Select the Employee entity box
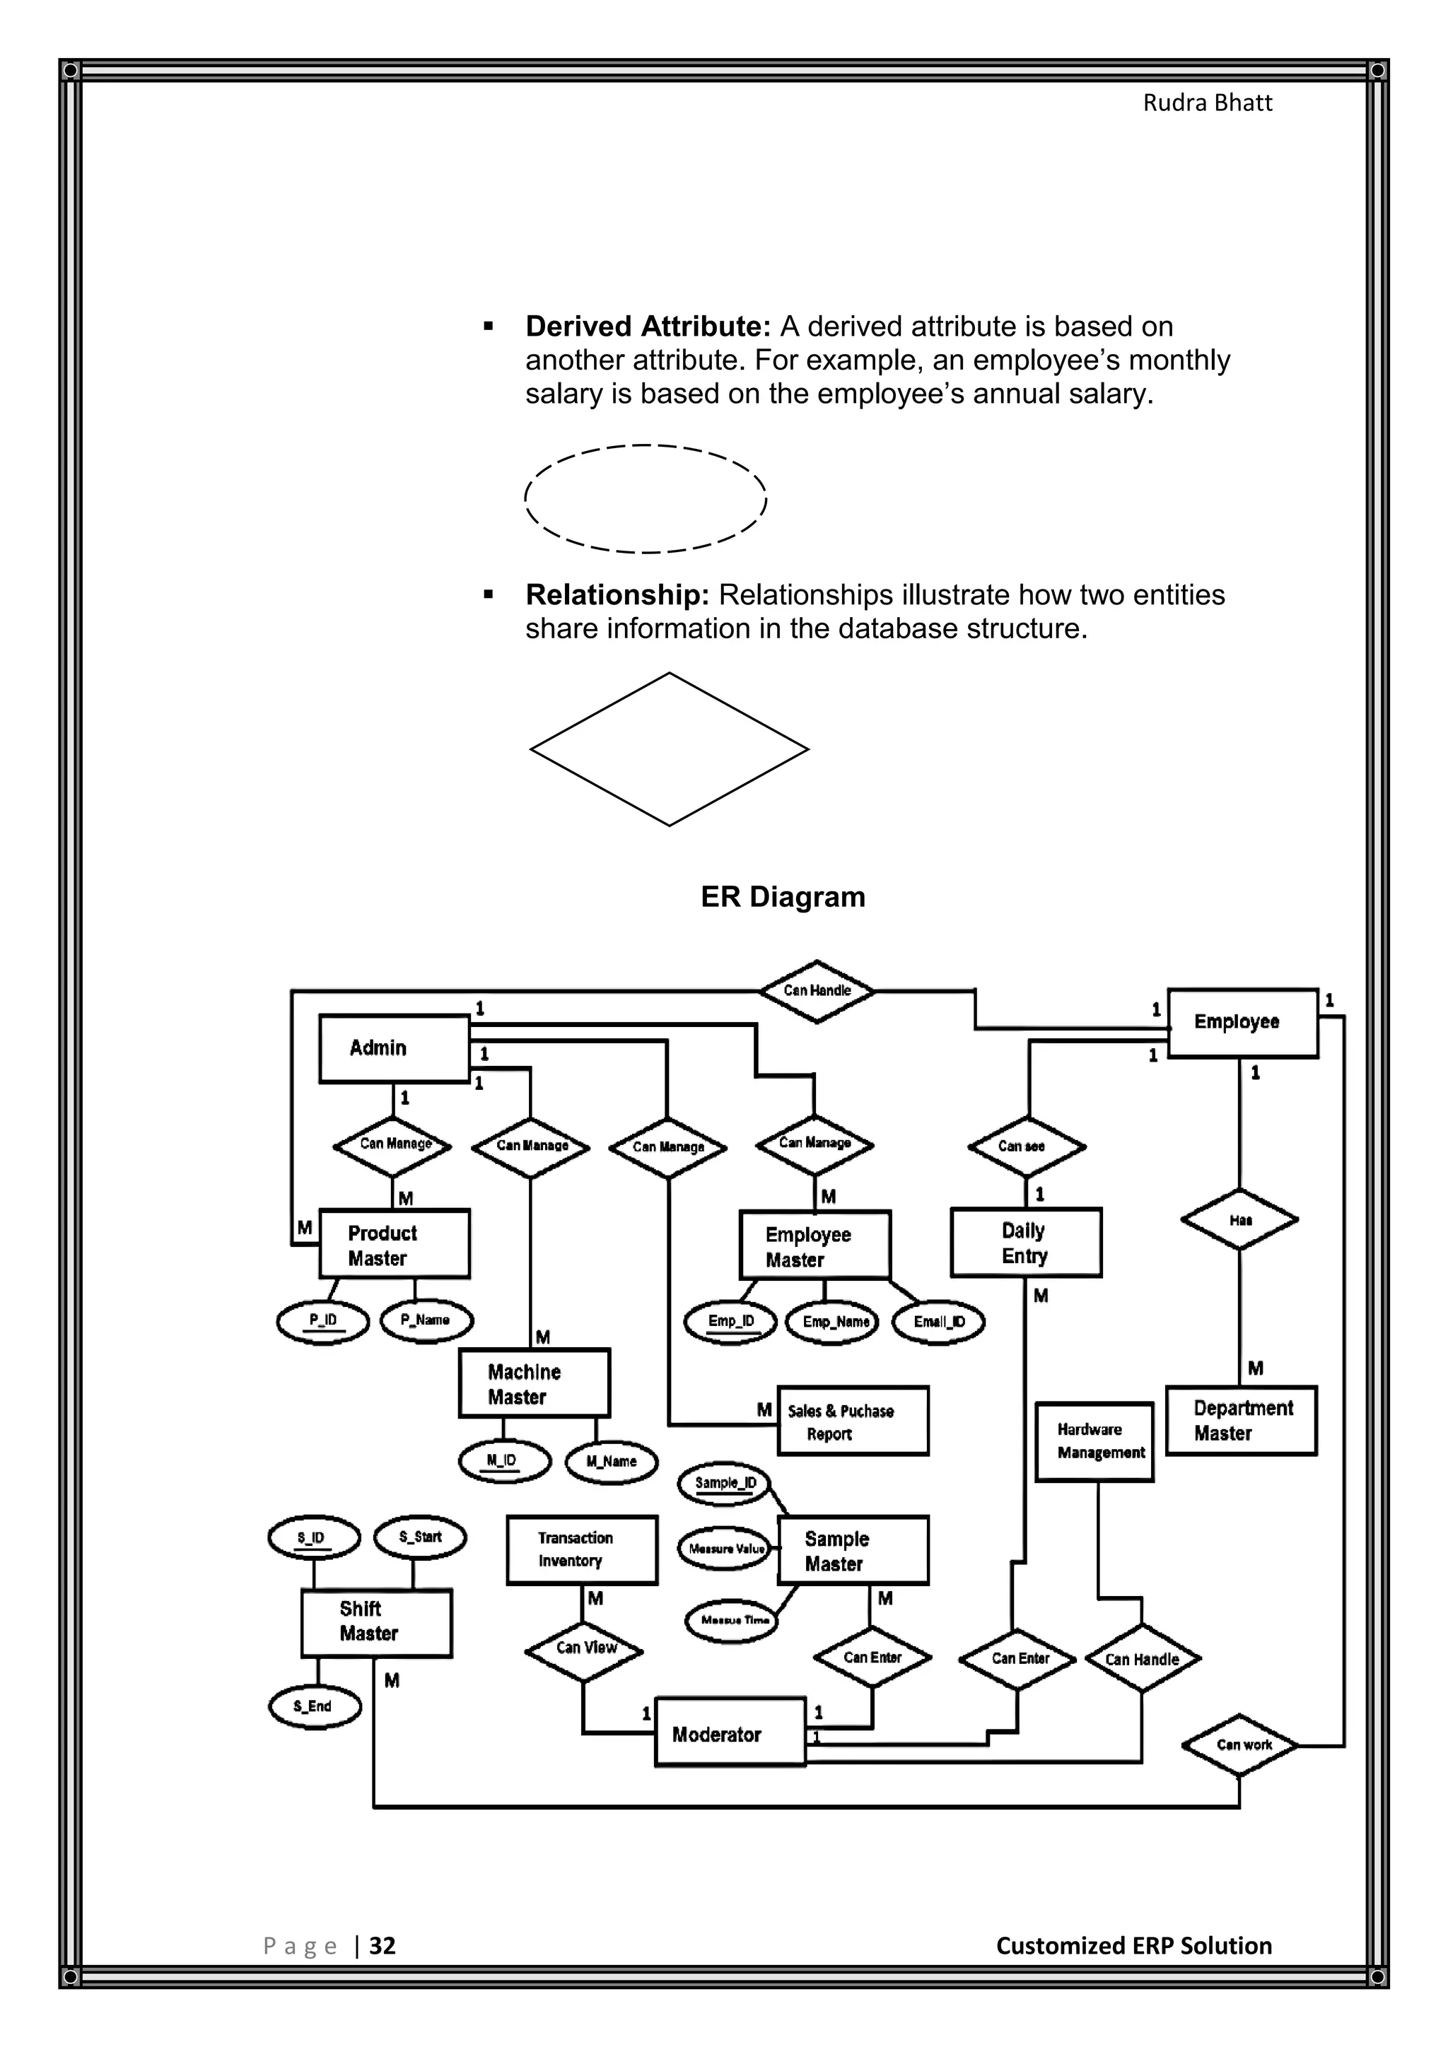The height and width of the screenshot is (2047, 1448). [1242, 1023]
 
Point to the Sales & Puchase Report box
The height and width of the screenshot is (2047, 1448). [853, 1421]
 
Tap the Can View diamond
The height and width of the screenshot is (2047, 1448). [584, 1650]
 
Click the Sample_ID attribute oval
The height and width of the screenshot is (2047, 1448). [725, 1484]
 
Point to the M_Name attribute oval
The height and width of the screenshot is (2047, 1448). [612, 1462]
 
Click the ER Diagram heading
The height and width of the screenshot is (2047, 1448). [782, 897]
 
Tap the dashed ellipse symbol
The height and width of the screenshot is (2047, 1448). [646, 498]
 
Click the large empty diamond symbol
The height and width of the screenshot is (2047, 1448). [669, 749]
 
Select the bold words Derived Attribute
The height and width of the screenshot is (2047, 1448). [648, 327]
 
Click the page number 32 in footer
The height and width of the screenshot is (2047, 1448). [382, 1945]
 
